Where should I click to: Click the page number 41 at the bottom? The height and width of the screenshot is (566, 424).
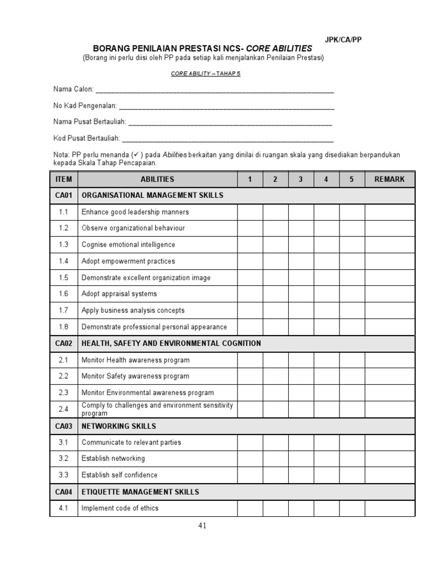pos(202,526)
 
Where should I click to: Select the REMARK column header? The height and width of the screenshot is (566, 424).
pos(389,179)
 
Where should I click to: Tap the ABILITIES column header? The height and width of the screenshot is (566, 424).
pos(157,179)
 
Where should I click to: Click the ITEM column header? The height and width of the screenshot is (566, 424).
pos(63,179)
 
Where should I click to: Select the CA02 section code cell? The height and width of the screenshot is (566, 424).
pos(63,343)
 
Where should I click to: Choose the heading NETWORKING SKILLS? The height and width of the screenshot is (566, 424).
pos(119,426)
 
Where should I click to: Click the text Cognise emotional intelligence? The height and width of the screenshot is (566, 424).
pos(128,245)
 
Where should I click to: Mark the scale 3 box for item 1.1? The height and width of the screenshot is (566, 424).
pos(301,212)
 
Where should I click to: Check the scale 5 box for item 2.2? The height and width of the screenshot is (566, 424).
pos(352,376)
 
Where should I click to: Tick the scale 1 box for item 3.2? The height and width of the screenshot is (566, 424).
pos(250,459)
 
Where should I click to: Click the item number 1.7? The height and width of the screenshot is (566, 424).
pos(63,311)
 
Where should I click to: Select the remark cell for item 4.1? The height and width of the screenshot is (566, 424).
pos(389,509)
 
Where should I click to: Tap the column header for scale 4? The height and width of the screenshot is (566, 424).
pos(326,179)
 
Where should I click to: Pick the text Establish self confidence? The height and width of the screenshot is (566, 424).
pos(119,475)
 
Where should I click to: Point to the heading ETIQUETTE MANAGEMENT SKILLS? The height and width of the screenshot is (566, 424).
pos(140,491)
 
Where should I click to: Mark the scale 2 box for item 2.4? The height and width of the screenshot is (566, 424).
pos(275,410)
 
